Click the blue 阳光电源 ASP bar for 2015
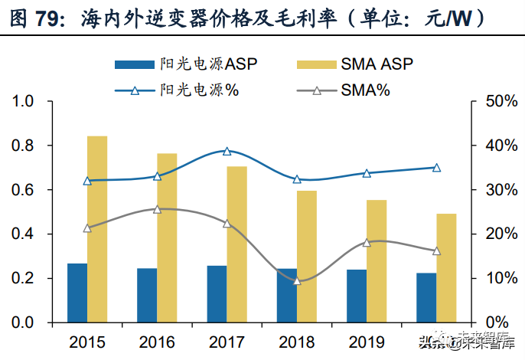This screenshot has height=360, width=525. coord(77,293)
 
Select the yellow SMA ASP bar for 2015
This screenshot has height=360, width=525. coord(97,229)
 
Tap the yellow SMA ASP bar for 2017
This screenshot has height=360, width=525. coord(237,244)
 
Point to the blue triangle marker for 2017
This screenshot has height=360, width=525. coord(227,152)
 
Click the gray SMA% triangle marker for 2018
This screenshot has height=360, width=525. coord(297,281)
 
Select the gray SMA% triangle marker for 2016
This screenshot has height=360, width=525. coord(157,209)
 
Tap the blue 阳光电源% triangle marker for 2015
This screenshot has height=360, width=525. coord(87,181)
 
